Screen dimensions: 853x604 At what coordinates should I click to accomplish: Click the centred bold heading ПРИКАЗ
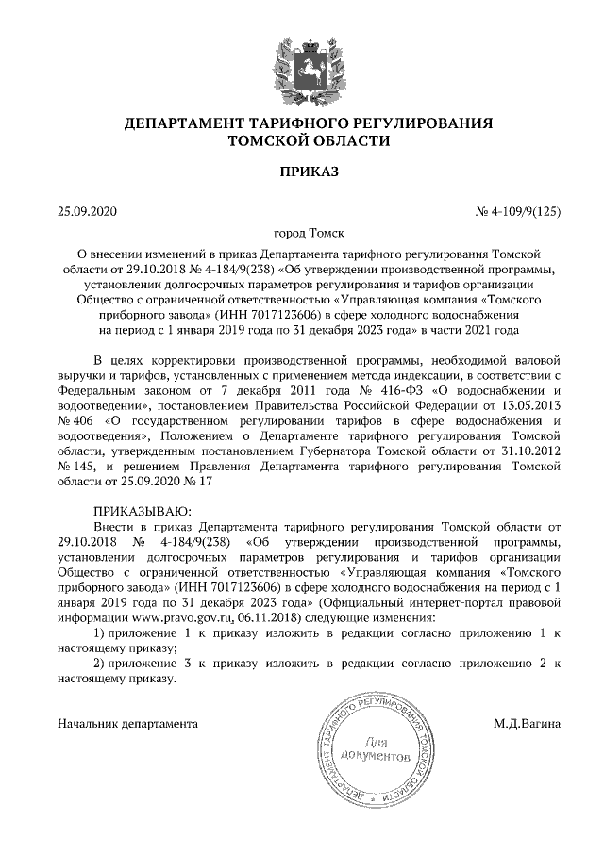302,172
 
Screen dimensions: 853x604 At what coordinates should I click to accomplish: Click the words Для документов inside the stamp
377,748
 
